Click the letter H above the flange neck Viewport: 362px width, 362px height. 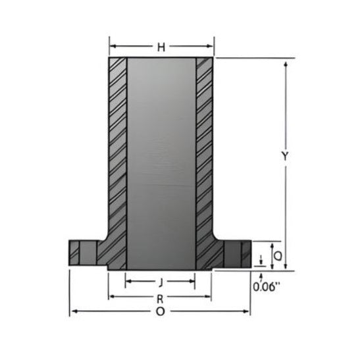pyautogui.click(x=161, y=47)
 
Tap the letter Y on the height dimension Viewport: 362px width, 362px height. pyautogui.click(x=284, y=156)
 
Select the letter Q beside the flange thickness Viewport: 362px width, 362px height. pyautogui.click(x=278, y=254)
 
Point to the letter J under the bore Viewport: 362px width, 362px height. pyautogui.click(x=160, y=281)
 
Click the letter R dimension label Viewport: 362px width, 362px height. pyautogui.click(x=160, y=297)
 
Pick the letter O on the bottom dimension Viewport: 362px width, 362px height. pyautogui.click(x=160, y=311)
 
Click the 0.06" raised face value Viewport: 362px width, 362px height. pyautogui.click(x=267, y=286)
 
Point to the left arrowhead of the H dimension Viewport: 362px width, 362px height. pyautogui.click(x=112, y=47)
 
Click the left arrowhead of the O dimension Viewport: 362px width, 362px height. pyautogui.click(x=73, y=311)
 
